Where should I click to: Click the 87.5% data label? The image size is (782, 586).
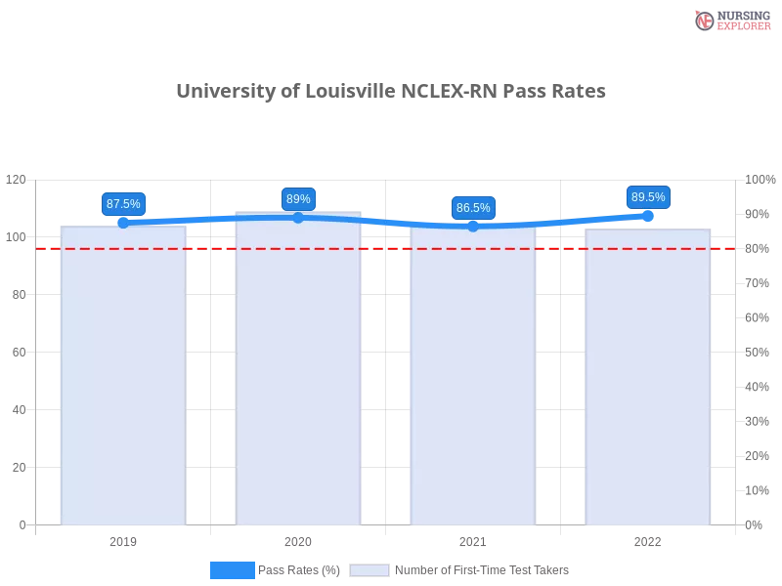tap(123, 204)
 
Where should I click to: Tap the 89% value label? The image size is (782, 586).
tap(298, 199)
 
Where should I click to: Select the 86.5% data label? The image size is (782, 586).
tap(473, 208)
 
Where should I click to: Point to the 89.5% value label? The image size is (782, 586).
tap(648, 197)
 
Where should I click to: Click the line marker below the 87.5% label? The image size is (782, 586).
tap(123, 223)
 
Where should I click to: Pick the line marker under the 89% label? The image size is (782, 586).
tap(298, 217)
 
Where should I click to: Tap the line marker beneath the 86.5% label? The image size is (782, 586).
tap(473, 226)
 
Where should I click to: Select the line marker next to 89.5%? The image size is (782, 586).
tap(648, 215)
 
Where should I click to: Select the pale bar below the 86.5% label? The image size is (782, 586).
tap(473, 381)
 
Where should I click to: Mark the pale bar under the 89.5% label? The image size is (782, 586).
tap(646, 381)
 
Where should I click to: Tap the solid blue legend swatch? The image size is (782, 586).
tap(232, 570)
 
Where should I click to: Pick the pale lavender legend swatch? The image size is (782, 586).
tap(369, 570)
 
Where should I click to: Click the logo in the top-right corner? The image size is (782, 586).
tap(730, 20)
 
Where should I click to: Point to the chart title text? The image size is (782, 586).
tap(390, 92)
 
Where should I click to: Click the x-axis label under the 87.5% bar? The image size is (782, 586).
tap(123, 539)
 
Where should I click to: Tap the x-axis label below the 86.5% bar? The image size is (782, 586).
tap(473, 539)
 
